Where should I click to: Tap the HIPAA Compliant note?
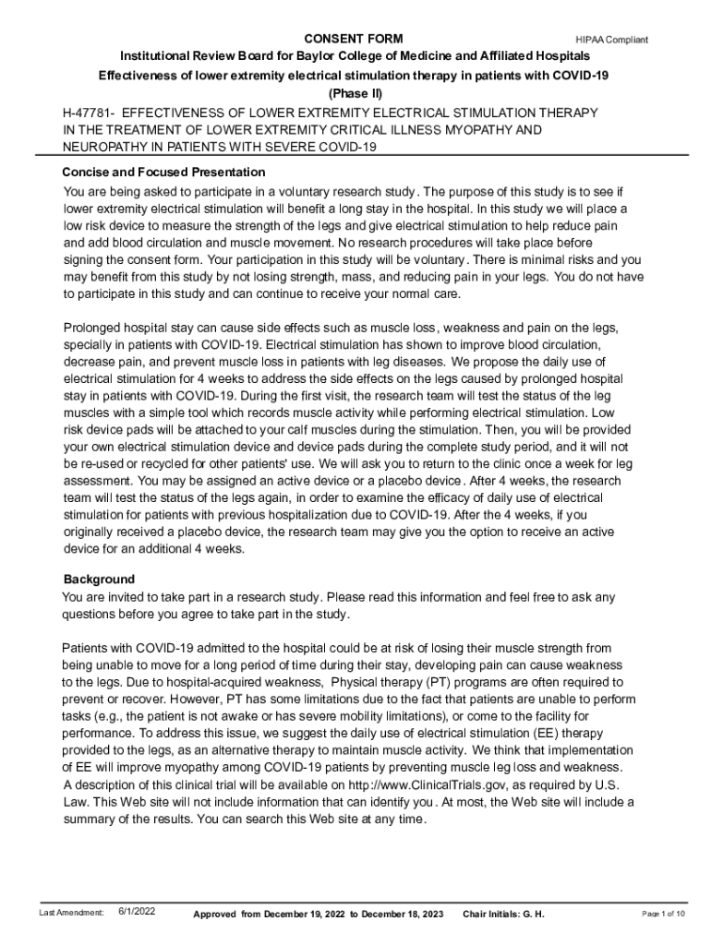(x=611, y=40)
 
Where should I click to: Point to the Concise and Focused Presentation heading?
(x=163, y=173)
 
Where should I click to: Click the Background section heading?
(x=99, y=580)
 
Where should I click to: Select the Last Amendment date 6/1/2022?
(x=138, y=912)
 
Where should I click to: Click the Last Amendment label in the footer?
(x=71, y=913)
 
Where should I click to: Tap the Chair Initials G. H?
(x=504, y=914)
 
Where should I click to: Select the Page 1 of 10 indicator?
(x=663, y=914)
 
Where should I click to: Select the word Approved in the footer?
(x=215, y=914)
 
